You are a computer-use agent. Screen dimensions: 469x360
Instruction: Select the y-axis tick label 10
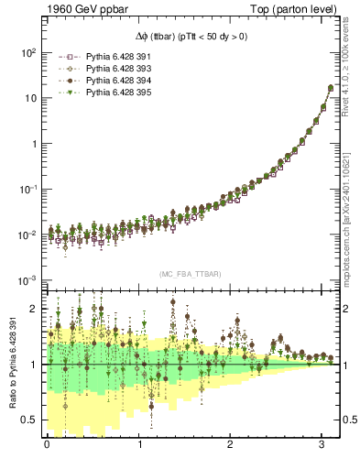click(30, 99)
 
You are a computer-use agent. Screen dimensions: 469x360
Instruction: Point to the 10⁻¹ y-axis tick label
click(27, 190)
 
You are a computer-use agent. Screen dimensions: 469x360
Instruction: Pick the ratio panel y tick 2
click(33, 309)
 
